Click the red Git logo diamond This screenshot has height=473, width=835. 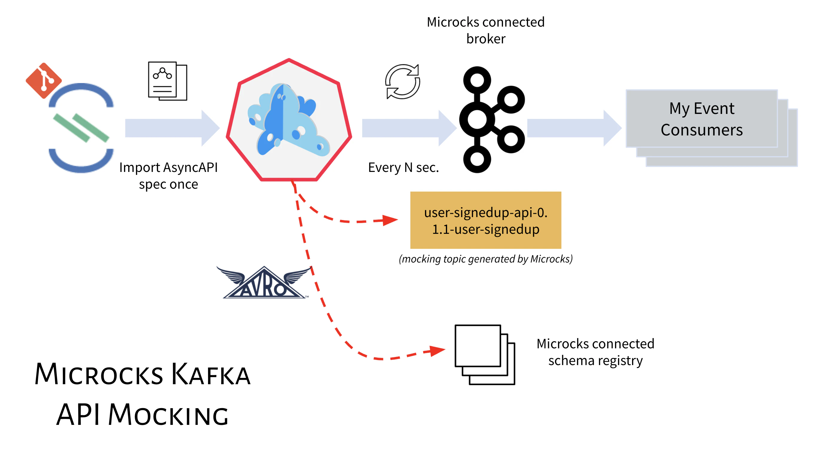tap(44, 80)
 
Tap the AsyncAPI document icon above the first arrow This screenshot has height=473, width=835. tap(167, 81)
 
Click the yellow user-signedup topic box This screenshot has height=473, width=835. tap(485, 220)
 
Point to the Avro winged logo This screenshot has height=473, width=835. tap(264, 282)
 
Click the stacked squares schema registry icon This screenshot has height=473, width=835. tap(484, 354)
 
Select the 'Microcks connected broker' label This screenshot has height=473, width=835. tap(485, 30)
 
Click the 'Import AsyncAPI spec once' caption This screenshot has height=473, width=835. tap(168, 176)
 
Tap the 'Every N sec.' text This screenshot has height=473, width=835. tap(403, 168)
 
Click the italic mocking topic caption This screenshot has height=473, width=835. tap(485, 259)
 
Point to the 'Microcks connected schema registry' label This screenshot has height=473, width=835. tap(595, 352)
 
